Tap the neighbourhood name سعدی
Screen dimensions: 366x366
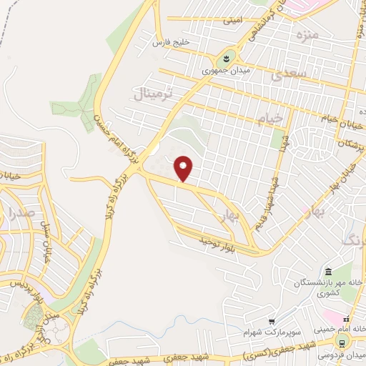[293, 74]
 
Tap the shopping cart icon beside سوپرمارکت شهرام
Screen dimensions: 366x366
[272, 321]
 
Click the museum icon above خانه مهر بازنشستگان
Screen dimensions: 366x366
[328, 272]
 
